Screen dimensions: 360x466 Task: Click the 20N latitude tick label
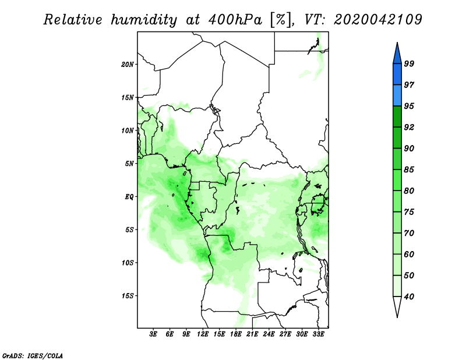click(128, 64)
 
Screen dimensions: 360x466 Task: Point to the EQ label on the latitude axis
click(130, 196)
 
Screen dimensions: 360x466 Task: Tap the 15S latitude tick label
click(128, 295)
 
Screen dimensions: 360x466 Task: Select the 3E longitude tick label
click(154, 335)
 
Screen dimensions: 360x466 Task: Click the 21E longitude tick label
click(253, 335)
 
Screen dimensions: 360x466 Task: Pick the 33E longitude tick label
click(319, 335)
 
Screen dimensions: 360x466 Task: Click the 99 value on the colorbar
click(409, 64)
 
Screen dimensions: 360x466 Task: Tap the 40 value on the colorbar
click(409, 297)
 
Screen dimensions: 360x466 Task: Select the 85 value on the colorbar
click(409, 170)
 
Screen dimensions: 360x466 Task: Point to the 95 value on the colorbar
click(409, 106)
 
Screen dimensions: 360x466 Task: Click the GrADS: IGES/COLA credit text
click(33, 354)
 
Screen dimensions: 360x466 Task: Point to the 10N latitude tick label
click(128, 130)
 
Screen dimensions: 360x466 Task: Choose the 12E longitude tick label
click(203, 335)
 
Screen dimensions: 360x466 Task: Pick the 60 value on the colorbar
click(409, 254)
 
